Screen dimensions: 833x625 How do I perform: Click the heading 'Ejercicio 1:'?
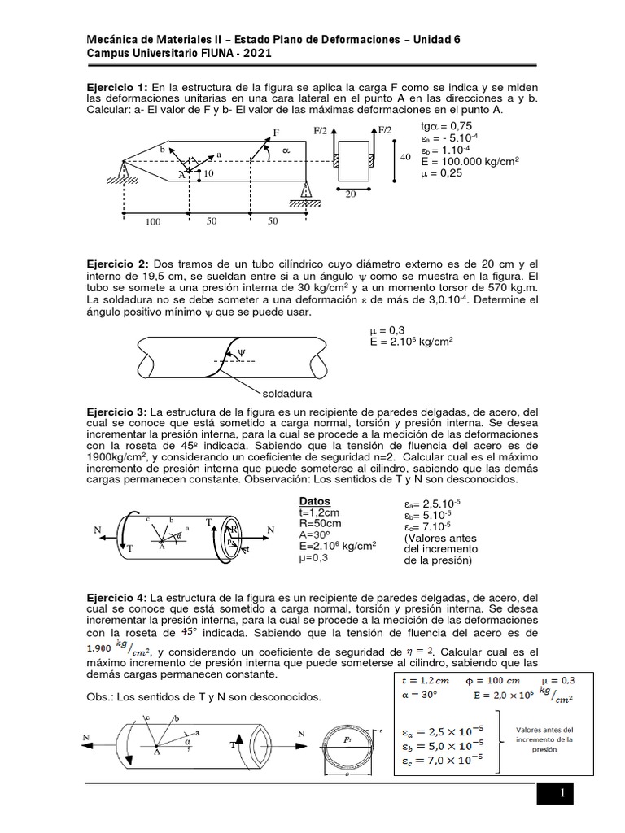pos(117,87)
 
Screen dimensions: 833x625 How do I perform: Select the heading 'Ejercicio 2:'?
pos(117,264)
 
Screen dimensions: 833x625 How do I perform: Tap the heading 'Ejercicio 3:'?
pos(117,412)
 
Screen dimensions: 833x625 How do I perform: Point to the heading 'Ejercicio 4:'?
pos(117,596)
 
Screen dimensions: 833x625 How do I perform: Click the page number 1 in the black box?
pos(562,793)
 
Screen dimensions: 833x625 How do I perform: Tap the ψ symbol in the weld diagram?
pos(240,351)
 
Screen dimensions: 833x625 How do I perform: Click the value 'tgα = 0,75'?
pos(446,126)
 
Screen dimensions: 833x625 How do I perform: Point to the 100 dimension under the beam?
pos(153,221)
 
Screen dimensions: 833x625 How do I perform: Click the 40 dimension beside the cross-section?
pos(405,158)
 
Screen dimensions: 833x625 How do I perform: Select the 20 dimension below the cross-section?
pos(351,194)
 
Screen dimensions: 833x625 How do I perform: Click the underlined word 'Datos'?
pos(314,501)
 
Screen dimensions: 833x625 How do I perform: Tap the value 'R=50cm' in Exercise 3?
pos(320,525)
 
